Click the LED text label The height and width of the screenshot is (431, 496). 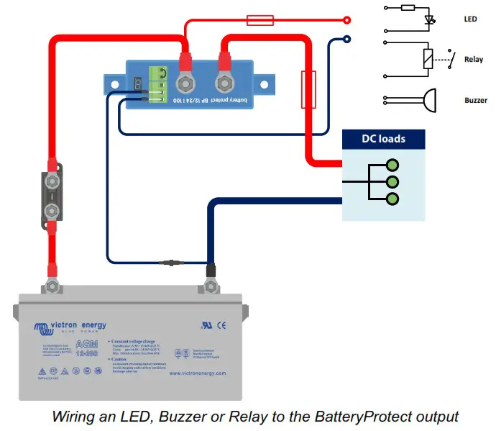[470, 19]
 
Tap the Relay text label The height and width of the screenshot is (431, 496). [473, 60]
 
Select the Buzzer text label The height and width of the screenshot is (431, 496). [475, 100]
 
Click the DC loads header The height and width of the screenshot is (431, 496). [383, 138]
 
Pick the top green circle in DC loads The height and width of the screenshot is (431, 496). [392, 164]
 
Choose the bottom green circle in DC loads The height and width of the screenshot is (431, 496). [392, 198]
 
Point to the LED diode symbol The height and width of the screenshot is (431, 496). [431, 20]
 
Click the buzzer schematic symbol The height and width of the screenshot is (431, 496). [428, 100]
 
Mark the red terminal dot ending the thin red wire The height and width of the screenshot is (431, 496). [347, 20]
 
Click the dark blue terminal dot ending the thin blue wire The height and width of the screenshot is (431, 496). [347, 40]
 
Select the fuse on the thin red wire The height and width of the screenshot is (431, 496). [260, 20]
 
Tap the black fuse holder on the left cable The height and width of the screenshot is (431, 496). [52, 194]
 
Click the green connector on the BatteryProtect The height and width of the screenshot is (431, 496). [157, 83]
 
